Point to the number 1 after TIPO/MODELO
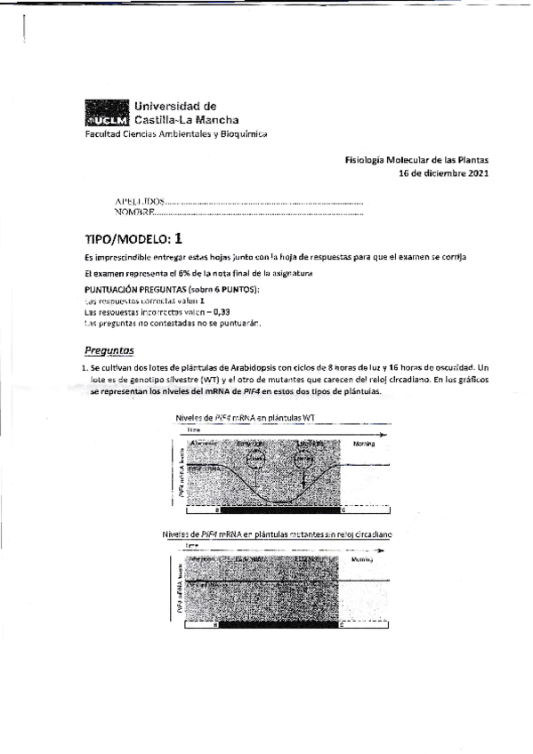coord(179,238)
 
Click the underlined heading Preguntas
coord(109,350)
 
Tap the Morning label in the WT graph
coord(366,443)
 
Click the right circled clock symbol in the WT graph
coord(305,459)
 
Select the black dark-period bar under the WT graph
coord(279,512)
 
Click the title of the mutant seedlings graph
coord(278,534)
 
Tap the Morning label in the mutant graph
coord(362,560)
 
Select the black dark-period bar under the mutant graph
coord(279,626)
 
